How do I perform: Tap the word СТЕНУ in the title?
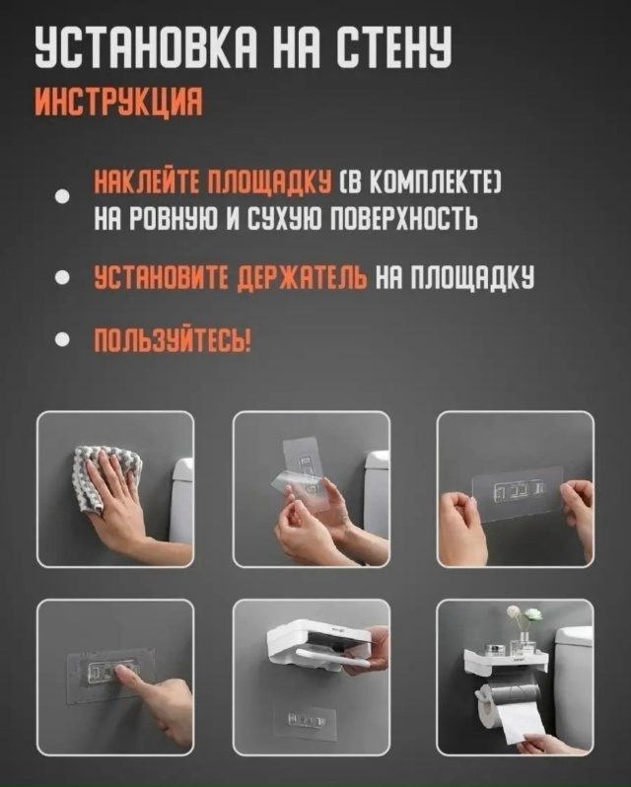point(393,47)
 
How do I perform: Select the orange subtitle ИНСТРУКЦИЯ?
point(119,102)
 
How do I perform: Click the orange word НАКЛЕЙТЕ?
point(148,181)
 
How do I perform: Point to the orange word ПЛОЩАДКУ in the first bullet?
point(270,181)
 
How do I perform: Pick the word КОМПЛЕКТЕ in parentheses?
point(433,181)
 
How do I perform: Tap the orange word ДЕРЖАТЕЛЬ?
point(301,277)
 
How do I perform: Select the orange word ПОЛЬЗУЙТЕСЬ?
point(173,341)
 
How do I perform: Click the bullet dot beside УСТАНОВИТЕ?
point(62,277)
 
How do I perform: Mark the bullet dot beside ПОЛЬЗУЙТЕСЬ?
point(62,340)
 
